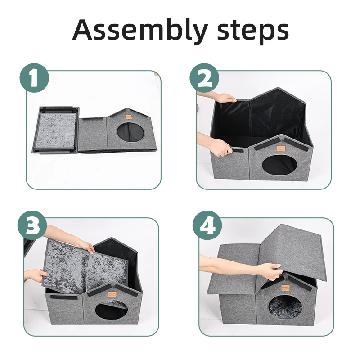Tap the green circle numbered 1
34,78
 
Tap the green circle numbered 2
204,78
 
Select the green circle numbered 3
32,225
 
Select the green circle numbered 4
207,225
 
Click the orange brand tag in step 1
128,117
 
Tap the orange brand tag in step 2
279,148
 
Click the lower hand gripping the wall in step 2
220,148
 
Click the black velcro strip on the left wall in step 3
64,297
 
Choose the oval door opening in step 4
285,306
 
